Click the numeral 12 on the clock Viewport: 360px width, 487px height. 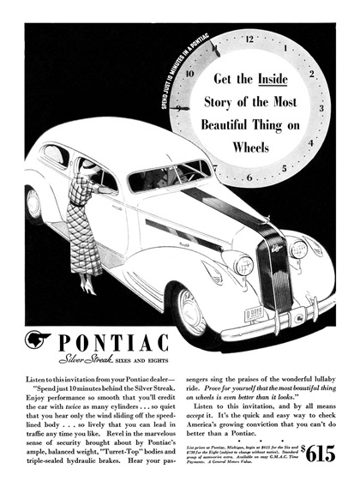(x=249, y=39)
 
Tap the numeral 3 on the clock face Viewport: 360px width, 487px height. (x=321, y=109)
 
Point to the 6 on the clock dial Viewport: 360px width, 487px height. (x=249, y=178)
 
